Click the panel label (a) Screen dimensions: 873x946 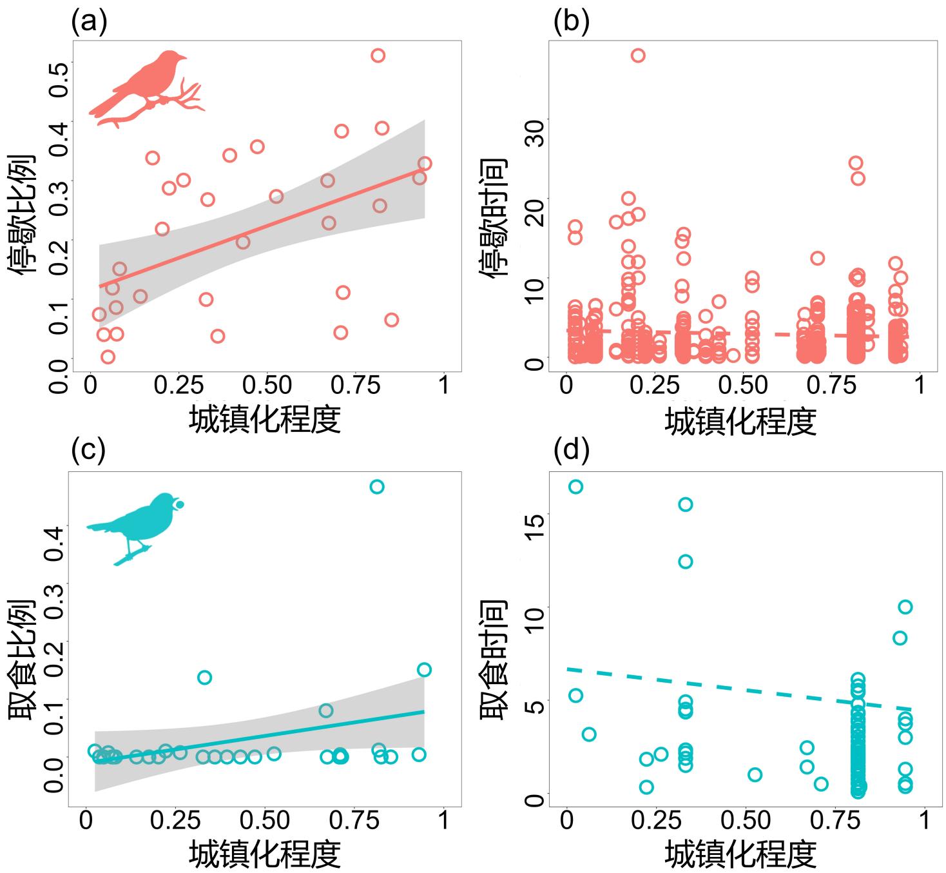click(89, 22)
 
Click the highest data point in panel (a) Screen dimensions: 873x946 click(378, 55)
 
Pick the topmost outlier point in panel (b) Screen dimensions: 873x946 click(638, 55)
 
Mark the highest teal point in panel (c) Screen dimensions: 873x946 click(377, 487)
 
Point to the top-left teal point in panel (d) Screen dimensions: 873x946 click(575, 487)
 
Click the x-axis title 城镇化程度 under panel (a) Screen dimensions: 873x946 click(264, 420)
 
